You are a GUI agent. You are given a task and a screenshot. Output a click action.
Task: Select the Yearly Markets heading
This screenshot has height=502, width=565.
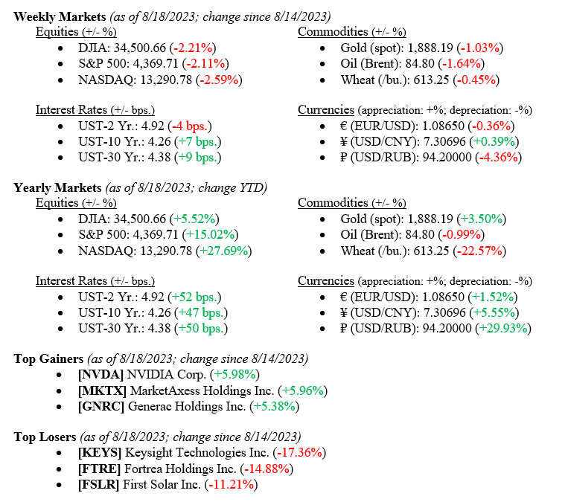point(57,187)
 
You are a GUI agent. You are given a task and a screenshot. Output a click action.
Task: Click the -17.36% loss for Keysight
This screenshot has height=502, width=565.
point(300,452)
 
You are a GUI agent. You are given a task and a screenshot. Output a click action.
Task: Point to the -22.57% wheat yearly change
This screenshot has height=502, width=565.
point(479,250)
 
